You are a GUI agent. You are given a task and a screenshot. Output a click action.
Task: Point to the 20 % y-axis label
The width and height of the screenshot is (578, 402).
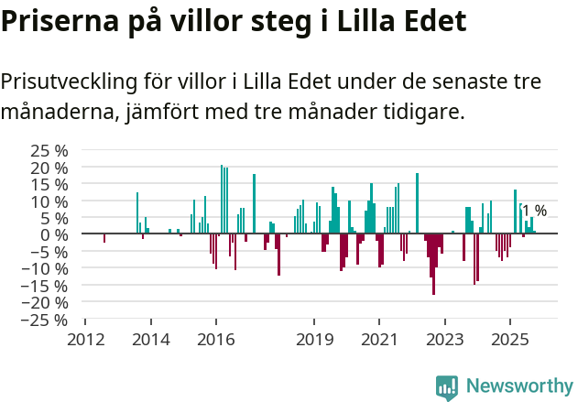coord(49,168)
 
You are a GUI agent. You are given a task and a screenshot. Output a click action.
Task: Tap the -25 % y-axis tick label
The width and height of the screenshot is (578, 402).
coord(47,320)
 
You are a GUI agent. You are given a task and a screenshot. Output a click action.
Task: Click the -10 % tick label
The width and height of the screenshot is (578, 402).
coord(47,268)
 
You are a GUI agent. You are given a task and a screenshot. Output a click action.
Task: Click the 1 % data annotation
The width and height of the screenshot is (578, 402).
coord(535,212)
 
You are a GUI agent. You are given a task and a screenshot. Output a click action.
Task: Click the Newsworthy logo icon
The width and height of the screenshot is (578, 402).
coord(447,386)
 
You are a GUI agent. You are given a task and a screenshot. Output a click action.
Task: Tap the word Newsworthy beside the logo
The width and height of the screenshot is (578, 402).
coord(518,386)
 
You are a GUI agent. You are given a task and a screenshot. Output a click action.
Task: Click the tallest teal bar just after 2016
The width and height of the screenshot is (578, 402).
coord(222,200)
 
